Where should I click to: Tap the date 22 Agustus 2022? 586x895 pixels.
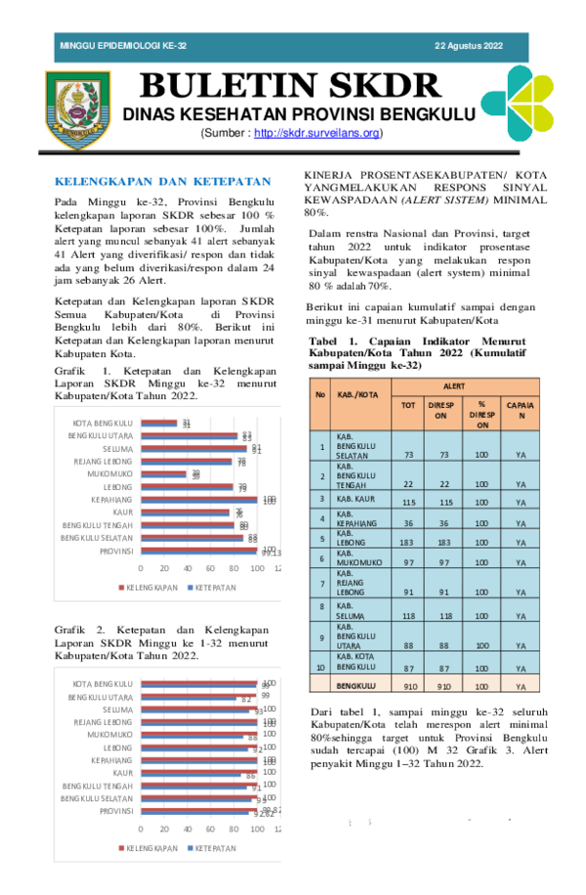point(468,47)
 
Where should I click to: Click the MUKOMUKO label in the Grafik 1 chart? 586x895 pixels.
point(110,473)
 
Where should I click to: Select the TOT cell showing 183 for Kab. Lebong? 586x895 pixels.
point(409,541)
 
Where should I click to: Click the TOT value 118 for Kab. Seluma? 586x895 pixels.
point(409,616)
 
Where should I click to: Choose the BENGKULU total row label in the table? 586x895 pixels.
point(356,686)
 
